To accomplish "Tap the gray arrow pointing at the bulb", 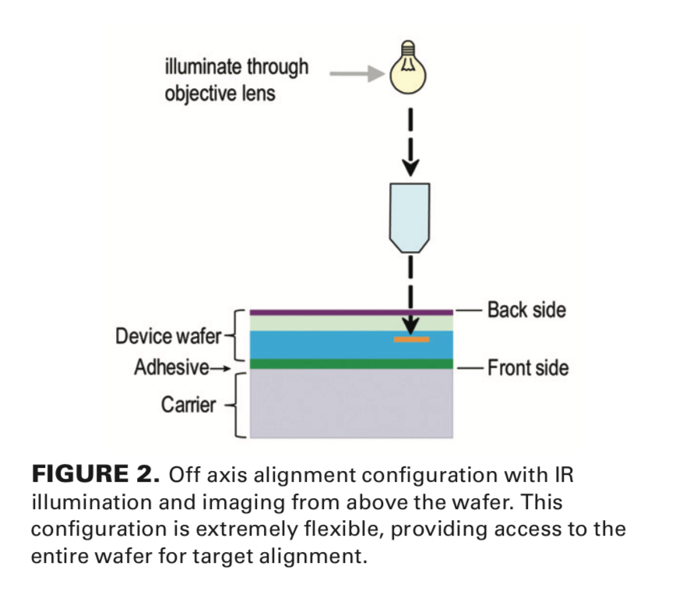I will coord(357,75).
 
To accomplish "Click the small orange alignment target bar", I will coord(411,339).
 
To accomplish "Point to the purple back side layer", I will coord(350,312).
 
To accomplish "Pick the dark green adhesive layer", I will coord(350,363).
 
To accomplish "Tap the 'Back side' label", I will coord(526,310).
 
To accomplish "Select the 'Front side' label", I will coord(528,366).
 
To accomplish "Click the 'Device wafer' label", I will coord(168,337).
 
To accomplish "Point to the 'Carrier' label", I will coord(188,405).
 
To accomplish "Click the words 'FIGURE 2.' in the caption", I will coord(95,474).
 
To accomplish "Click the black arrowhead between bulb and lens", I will coord(410,165).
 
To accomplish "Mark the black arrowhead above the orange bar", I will coord(410,326).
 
